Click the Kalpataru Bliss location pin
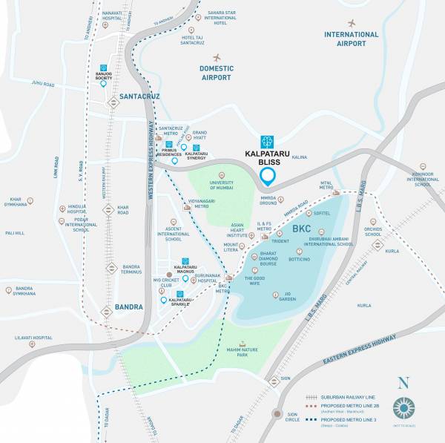[x=268, y=177]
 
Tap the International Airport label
[x=351, y=39]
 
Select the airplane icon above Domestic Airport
[x=217, y=57]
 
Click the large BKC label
[x=301, y=229]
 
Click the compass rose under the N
[x=403, y=408]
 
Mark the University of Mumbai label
[x=221, y=186]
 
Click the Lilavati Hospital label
[x=33, y=338]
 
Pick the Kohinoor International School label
[x=423, y=179]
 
